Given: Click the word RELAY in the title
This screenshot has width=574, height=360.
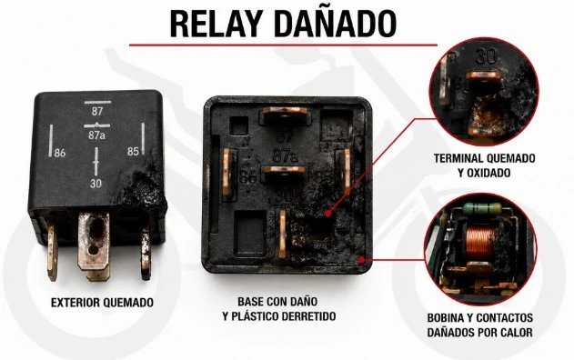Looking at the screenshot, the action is [217, 24].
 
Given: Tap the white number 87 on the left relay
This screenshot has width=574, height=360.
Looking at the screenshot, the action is [97, 111].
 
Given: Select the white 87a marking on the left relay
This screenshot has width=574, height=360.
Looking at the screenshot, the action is [96, 135].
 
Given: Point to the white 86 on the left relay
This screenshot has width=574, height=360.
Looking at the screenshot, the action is [60, 153].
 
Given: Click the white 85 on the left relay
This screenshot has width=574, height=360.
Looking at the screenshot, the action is [133, 151].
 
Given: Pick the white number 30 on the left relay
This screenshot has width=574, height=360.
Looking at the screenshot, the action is [96, 184].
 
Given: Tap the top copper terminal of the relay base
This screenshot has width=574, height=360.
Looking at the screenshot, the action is [285, 115].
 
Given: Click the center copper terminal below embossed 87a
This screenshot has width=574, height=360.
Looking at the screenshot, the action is [284, 174].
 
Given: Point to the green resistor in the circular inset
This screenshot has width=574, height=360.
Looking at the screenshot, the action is [481, 208].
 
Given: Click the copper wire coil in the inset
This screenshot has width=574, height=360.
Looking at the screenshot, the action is [478, 241].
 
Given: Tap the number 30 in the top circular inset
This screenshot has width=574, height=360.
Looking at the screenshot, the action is [487, 56].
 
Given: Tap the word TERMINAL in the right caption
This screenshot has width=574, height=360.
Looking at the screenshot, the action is [457, 158].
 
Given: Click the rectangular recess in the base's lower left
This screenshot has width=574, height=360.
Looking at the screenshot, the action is [250, 233].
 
